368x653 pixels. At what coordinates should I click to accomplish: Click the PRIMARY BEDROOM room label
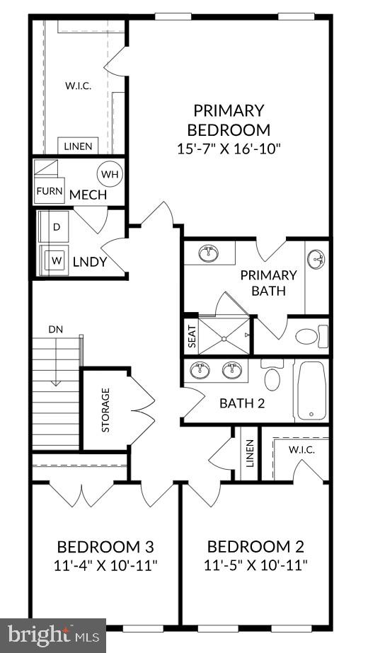click(229, 120)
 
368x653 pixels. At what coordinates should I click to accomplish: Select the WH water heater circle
click(110, 174)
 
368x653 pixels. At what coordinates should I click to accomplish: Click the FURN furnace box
click(50, 191)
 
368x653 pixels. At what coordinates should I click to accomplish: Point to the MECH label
click(88, 195)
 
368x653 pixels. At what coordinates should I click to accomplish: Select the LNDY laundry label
click(89, 262)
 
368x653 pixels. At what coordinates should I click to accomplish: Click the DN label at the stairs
click(56, 329)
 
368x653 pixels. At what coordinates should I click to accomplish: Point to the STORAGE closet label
click(105, 410)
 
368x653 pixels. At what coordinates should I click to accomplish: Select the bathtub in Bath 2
click(311, 391)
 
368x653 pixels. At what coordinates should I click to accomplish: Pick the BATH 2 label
click(241, 404)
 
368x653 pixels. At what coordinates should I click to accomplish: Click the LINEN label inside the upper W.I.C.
click(78, 146)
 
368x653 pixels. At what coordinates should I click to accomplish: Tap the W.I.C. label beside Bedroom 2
click(301, 450)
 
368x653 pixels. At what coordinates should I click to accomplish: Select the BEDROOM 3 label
click(105, 547)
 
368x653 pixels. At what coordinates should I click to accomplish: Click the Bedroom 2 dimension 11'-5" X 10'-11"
click(255, 565)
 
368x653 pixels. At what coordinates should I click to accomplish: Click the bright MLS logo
click(52, 635)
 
